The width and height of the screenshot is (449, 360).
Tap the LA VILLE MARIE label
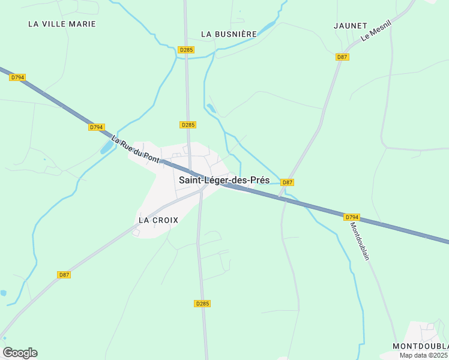pyautogui.click(x=62, y=24)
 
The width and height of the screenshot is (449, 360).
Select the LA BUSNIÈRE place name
pyautogui.click(x=229, y=34)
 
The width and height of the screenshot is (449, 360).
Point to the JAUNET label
pyautogui.click(x=350, y=26)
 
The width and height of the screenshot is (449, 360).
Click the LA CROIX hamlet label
pyautogui.click(x=158, y=220)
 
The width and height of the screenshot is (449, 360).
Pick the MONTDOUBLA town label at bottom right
pyautogui.click(x=420, y=347)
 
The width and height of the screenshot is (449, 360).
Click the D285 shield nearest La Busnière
pyautogui.click(x=186, y=50)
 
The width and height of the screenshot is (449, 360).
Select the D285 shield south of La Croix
pyautogui.click(x=203, y=304)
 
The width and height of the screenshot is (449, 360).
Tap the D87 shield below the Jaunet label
pyautogui.click(x=342, y=57)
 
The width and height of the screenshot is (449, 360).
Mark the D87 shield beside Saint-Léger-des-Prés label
pyautogui.click(x=288, y=182)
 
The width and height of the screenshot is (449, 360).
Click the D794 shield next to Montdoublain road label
pyautogui.click(x=352, y=217)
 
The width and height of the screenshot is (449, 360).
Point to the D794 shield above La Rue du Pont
pyautogui.click(x=97, y=127)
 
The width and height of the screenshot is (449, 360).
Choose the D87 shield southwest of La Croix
pyautogui.click(x=64, y=275)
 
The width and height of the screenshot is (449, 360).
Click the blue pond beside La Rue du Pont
pyautogui.click(x=106, y=148)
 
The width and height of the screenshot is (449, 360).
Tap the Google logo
pyautogui.click(x=20, y=353)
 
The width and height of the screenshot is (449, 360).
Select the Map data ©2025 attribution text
pyautogui.click(x=424, y=355)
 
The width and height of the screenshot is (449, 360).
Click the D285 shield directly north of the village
pyautogui.click(x=188, y=125)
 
